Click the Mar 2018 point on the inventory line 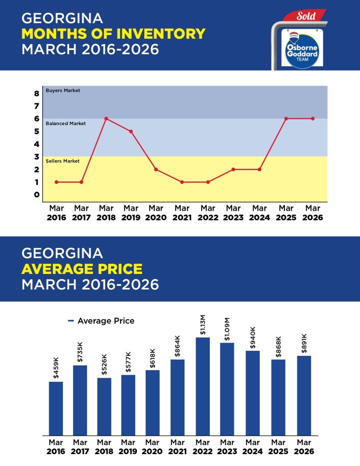coord(106,118)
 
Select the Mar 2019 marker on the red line coord(131,131)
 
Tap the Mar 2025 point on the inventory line coord(286,118)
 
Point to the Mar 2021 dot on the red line coord(182,182)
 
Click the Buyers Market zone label coord(63,91)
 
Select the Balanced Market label coord(66,123)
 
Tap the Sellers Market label coord(63,161)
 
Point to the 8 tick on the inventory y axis coord(36,94)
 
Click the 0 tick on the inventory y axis coord(36,195)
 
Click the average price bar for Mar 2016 coord(56,408)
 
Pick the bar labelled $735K coord(80,400)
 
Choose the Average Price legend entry coord(101,321)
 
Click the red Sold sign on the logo coord(306,16)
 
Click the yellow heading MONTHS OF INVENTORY coord(113,33)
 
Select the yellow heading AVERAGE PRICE coord(82,268)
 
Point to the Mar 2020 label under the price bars coord(152,447)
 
